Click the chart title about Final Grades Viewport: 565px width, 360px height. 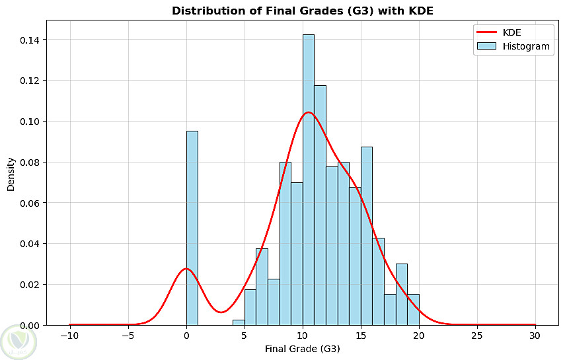pos(302,11)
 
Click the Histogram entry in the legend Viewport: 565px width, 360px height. pos(527,47)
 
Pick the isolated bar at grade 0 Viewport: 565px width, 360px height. pos(192,228)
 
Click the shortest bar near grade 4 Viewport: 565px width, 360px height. pos(239,322)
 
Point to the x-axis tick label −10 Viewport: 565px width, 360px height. pos(69,336)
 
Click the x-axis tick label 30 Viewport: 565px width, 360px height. pos(535,336)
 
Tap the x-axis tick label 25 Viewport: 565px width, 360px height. pos(477,336)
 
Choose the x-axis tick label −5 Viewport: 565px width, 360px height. pos(128,336)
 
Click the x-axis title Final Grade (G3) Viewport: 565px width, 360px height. pos(302,349)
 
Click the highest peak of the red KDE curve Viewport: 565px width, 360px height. pos(308,112)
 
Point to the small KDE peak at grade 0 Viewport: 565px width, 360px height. pos(186,269)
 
